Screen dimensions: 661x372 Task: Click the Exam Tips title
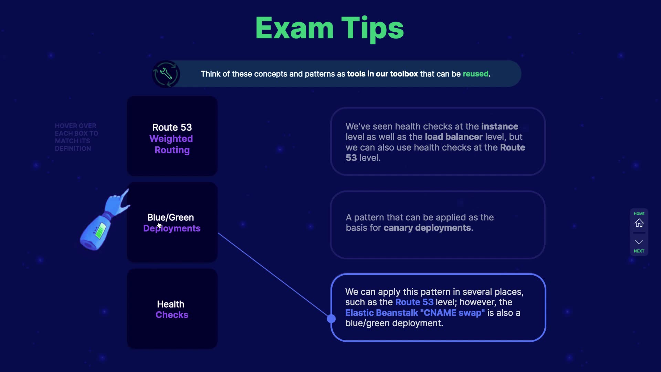[329, 28]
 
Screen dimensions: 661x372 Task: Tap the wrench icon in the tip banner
[166, 74]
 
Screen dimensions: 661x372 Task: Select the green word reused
[475, 74]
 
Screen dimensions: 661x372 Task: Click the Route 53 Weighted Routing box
[172, 136]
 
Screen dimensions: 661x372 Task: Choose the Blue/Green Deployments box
[172, 222]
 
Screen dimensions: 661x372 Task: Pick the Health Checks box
[172, 309]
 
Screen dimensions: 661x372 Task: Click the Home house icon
[639, 223]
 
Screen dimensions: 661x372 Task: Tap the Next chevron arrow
[639, 242]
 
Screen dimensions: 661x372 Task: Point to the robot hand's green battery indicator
[100, 230]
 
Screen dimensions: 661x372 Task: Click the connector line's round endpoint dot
[331, 319]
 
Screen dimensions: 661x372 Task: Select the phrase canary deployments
[427, 228]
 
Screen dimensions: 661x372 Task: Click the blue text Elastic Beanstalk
[381, 313]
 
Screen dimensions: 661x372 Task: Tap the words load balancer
[453, 137]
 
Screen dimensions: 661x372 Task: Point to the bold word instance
[500, 126]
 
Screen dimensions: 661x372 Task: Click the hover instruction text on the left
[76, 137]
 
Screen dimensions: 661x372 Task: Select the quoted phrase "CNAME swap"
[452, 313]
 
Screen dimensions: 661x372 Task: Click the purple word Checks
[172, 315]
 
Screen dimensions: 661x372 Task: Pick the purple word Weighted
[171, 138]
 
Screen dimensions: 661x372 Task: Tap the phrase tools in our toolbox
[382, 74]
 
